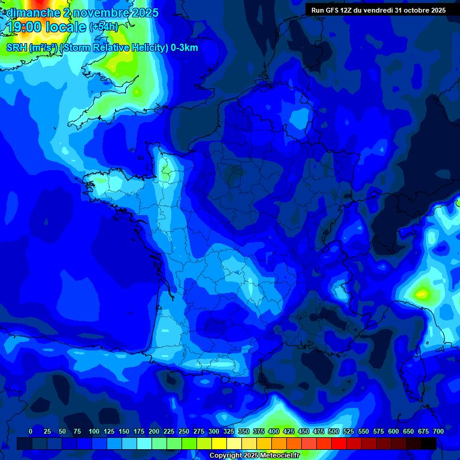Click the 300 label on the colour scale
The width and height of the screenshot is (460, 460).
coord(214,431)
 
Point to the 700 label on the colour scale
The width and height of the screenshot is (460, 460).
coord(438,431)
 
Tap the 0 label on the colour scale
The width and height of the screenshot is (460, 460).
coord(31,431)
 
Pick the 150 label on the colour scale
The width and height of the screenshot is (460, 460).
coord(124,431)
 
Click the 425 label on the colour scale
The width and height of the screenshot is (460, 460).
coord(289,431)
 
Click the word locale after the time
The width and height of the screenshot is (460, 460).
coord(68,27)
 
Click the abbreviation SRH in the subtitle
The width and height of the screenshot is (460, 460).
coord(17,48)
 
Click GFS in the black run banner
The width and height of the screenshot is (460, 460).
coord(332,10)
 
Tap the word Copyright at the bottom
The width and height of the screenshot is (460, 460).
coord(227,456)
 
